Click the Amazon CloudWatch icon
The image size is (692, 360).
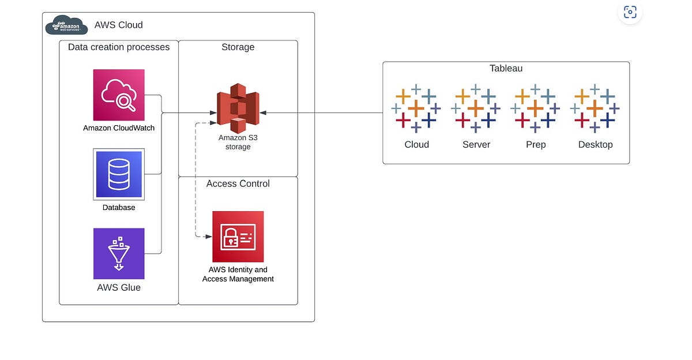(x=119, y=95)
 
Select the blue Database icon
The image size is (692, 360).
(x=119, y=174)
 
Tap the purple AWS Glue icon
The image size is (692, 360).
(x=119, y=253)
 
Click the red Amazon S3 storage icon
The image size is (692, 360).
(x=238, y=108)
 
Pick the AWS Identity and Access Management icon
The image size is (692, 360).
(x=238, y=237)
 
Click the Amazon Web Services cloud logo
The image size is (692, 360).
(x=67, y=25)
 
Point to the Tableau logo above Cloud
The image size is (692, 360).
(x=416, y=108)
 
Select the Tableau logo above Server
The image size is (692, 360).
(x=476, y=108)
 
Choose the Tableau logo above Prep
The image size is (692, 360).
(x=535, y=108)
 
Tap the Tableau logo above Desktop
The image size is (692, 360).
(x=595, y=108)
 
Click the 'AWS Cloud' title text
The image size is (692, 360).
(x=119, y=25)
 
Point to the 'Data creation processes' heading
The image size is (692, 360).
(x=119, y=47)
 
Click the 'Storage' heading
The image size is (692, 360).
(x=238, y=47)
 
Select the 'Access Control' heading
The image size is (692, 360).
(x=238, y=183)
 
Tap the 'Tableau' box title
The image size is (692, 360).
(x=506, y=68)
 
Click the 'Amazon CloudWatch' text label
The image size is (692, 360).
(x=119, y=127)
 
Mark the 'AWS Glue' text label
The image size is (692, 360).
(x=119, y=287)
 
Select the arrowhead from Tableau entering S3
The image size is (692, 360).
(x=262, y=112)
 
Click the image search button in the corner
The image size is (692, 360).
(x=630, y=12)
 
